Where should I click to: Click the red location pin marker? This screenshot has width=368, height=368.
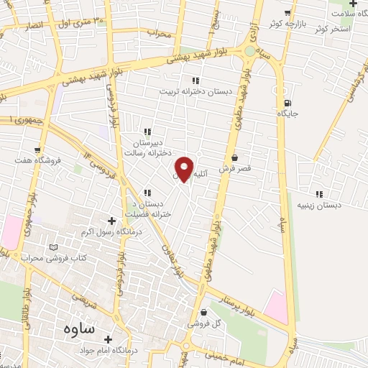click(x=185, y=168)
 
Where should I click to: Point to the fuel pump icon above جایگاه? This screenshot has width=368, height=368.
click(x=287, y=103)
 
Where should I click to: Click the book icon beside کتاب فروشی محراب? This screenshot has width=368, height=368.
click(x=53, y=248)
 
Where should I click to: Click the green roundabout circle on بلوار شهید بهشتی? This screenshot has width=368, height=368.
click(x=249, y=51)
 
